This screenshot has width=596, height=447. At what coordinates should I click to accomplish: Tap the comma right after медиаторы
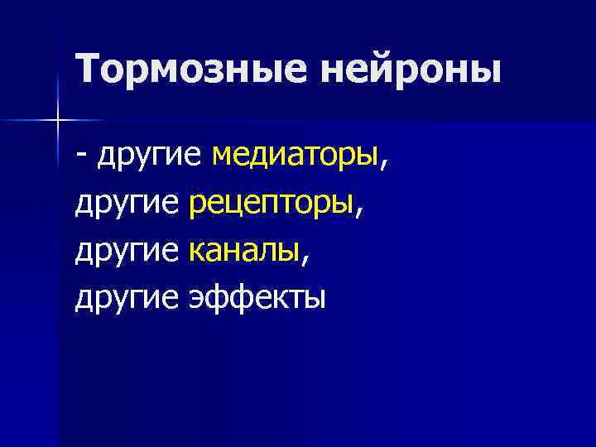tap(382, 161)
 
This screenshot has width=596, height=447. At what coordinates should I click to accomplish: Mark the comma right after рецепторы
tap(358, 209)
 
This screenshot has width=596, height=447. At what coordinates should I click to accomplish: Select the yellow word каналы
tap(243, 250)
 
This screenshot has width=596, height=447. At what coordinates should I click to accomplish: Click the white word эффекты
tap(257, 298)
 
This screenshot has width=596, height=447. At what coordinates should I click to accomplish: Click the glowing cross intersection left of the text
tap(58, 121)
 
